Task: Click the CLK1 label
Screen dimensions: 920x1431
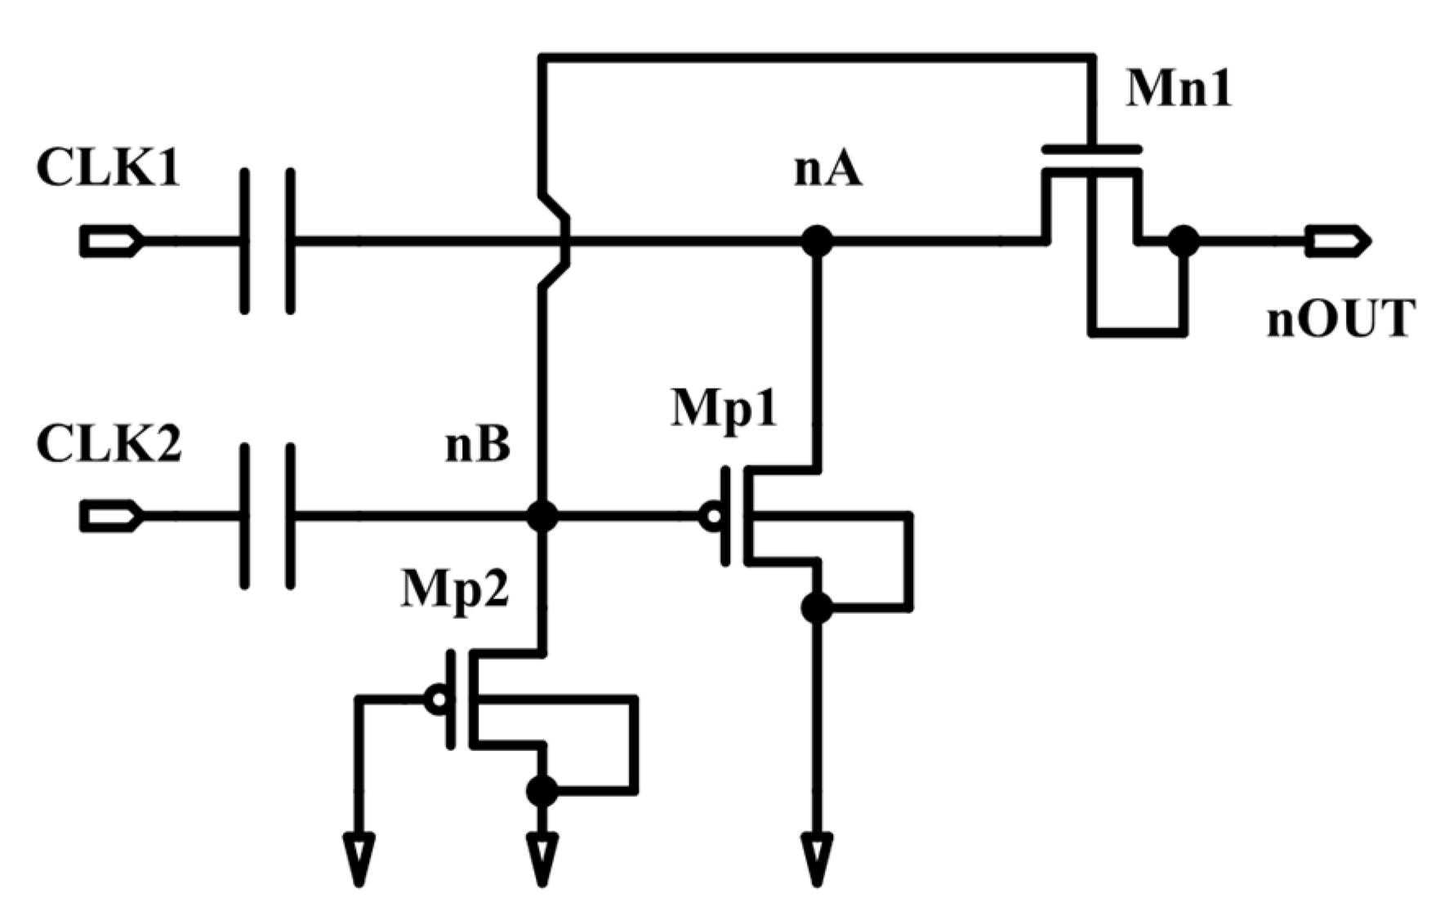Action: [x=108, y=170]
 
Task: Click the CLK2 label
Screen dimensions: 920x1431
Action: [x=109, y=445]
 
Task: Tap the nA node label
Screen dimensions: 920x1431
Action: [x=827, y=171]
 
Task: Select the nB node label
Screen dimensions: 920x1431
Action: [x=478, y=446]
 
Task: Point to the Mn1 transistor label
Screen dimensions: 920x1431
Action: [x=1178, y=88]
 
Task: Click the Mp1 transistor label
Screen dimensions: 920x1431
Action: [x=724, y=407]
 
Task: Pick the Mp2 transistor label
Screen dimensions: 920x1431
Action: [x=455, y=588]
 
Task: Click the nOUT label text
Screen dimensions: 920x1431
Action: [x=1340, y=318]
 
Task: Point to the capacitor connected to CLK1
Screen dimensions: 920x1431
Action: [x=267, y=241]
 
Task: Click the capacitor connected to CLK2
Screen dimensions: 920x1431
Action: [x=267, y=516]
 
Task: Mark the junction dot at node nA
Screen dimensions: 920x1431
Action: [x=817, y=241]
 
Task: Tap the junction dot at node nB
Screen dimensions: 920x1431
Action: [x=542, y=516]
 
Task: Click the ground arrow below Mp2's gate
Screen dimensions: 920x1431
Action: [x=359, y=859]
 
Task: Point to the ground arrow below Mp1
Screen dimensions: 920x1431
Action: [x=817, y=859]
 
